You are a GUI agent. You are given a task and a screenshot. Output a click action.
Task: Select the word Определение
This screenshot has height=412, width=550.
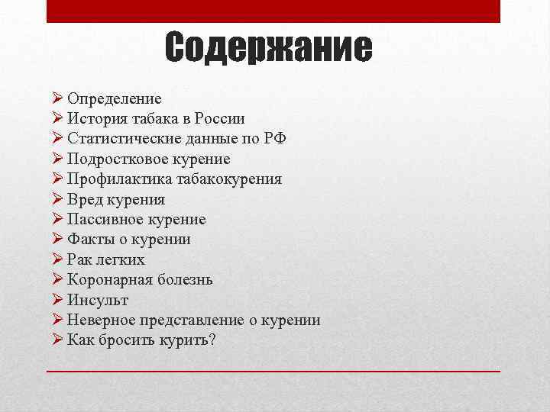coord(114,99)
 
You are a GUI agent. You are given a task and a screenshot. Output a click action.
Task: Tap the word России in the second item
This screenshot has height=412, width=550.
coord(219,119)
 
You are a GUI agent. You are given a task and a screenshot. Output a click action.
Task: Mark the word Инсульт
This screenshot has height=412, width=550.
coord(98,300)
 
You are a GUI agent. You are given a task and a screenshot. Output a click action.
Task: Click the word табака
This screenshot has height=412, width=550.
coord(156,119)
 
